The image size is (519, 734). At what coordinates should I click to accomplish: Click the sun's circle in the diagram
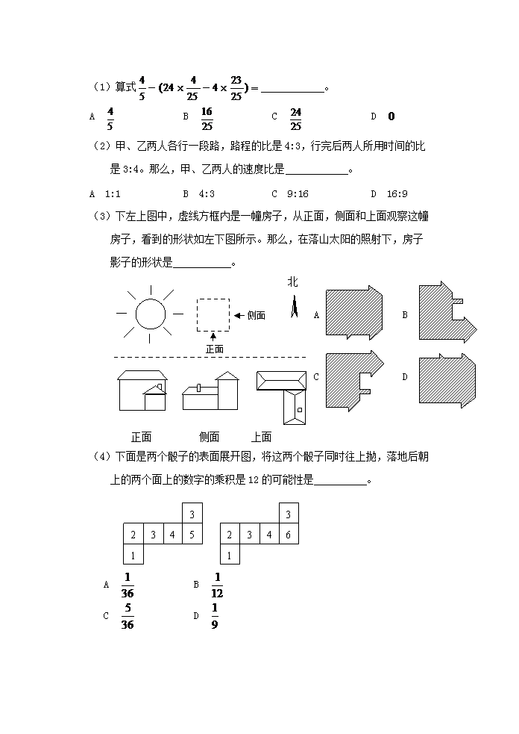coord(149,314)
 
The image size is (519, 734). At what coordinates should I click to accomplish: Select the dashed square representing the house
coord(213,314)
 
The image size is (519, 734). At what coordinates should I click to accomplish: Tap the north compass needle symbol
coord(294,306)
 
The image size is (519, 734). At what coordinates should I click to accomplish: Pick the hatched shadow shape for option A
coord(354,314)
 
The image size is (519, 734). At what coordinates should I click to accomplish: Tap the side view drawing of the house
coord(210,391)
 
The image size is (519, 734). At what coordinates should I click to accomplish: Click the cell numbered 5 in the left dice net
coord(192,534)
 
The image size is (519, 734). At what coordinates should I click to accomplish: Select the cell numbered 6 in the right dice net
coord(288,534)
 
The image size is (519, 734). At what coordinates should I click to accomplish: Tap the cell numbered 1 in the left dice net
coord(133,555)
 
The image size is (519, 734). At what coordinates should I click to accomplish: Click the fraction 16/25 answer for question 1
coord(207,116)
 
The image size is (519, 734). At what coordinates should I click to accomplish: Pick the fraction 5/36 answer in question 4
coord(127,617)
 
